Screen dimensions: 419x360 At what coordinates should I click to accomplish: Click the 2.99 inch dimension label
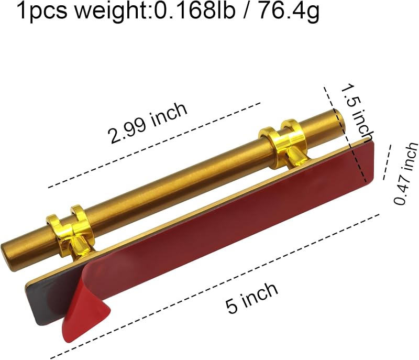147,123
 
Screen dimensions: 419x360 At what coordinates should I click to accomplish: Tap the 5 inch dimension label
252,298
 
